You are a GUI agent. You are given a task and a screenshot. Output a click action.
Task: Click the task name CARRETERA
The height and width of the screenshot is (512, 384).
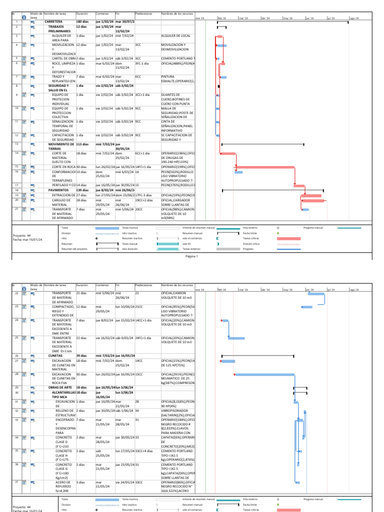pos(53,22)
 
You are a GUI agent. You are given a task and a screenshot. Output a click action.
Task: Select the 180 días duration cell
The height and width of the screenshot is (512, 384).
pos(82,22)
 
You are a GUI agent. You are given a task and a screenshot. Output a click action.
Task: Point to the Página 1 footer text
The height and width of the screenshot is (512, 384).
pos(192,256)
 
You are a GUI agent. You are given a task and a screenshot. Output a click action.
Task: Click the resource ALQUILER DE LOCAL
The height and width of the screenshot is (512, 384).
pos(175,36)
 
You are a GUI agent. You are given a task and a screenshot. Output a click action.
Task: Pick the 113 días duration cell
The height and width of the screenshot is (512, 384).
pos(83,144)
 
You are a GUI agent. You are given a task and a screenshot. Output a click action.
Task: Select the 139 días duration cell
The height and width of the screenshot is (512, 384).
pos(83,190)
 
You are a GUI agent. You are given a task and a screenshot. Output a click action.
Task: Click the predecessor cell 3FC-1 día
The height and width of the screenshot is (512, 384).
pos(142,63)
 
